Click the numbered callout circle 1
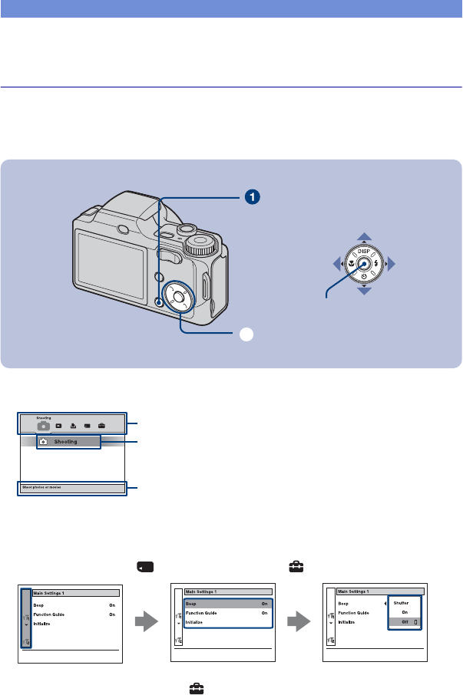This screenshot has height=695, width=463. [250, 197]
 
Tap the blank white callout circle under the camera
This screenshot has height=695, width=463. [246, 334]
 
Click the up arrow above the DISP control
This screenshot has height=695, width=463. [365, 237]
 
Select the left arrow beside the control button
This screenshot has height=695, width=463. [336, 265]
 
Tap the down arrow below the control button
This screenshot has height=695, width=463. [365, 292]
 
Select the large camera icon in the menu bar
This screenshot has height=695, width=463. [44, 424]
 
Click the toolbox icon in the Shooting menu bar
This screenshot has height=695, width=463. [101, 424]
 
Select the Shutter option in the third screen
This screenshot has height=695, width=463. [401, 603]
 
